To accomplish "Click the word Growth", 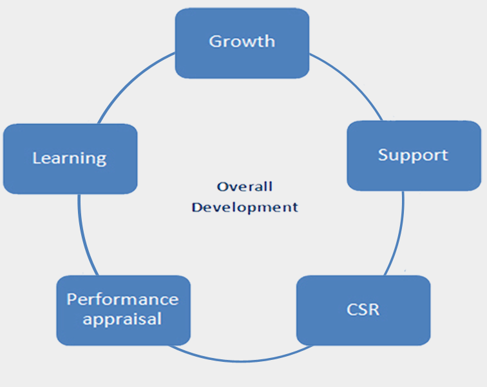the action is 242,41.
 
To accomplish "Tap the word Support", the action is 413,155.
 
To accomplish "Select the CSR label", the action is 363,310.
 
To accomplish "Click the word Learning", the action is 70,159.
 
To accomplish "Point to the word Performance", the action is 122,299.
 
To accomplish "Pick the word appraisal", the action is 122,319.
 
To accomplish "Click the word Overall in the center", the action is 245,186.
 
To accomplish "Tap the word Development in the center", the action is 245,208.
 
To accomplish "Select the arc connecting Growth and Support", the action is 352,81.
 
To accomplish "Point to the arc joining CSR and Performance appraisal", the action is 241,361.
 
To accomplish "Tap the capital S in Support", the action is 383,154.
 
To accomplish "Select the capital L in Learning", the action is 37,158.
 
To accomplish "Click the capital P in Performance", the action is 72,299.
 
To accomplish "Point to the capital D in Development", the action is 197,207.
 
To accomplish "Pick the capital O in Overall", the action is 222,186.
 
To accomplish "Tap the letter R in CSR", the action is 374,310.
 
